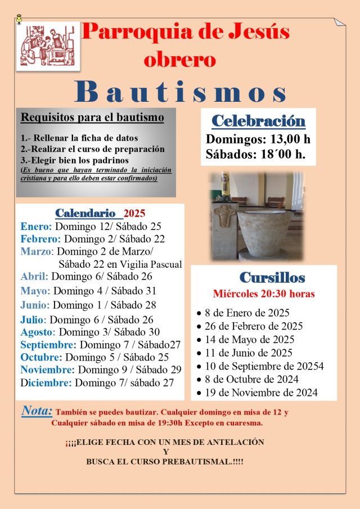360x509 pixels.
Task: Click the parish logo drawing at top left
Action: click(x=48, y=46)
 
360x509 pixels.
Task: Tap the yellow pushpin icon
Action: click(x=19, y=19)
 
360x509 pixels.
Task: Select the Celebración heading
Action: click(x=258, y=121)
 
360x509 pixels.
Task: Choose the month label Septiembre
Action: click(x=48, y=345)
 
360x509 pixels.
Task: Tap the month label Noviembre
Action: click(x=47, y=370)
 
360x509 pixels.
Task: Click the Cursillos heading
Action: click(x=272, y=277)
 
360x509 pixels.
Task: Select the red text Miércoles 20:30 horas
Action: click(x=264, y=294)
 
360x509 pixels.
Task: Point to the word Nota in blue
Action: click(x=37, y=411)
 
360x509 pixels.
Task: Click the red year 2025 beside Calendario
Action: click(x=134, y=213)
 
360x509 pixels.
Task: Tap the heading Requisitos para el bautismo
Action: click(x=92, y=118)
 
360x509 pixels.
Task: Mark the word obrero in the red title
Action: click(x=179, y=59)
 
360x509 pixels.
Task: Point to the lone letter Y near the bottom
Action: click(x=165, y=452)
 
